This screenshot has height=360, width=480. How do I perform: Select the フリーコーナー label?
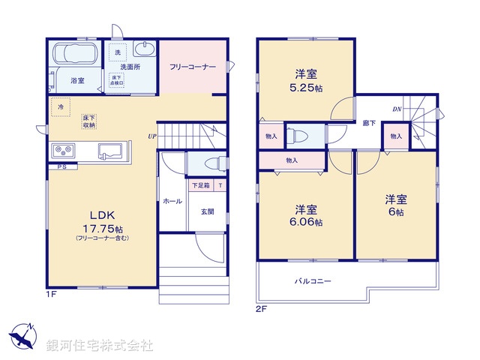tap(193, 67)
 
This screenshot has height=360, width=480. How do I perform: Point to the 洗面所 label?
tap(120, 67)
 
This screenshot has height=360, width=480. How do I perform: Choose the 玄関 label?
tap(207, 211)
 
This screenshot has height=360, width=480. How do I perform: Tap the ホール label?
tap(171, 201)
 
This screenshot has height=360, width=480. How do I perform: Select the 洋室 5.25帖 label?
tap(304, 80)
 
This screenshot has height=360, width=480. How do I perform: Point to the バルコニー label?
tap(312, 281)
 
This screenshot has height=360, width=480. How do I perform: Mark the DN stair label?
tap(397, 109)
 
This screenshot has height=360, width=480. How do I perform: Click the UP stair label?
tap(151, 136)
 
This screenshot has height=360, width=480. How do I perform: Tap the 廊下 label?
tap(369, 122)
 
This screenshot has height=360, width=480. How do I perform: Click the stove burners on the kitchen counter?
tap(61, 150)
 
